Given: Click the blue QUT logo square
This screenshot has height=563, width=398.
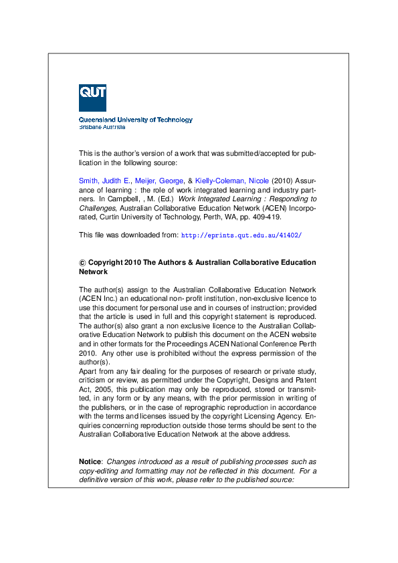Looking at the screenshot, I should tap(92, 98).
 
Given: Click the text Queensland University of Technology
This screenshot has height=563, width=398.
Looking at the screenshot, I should tap(135, 120).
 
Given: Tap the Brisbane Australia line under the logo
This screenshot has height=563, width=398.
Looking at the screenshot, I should tap(102, 126).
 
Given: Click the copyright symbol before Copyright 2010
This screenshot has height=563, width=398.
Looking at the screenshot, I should tap(82, 263).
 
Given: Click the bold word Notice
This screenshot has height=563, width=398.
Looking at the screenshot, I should tap(90, 462).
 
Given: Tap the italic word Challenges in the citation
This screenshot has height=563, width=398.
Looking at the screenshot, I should tap(98, 208).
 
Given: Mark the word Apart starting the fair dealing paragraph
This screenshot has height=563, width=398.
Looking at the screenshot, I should tap(88, 371).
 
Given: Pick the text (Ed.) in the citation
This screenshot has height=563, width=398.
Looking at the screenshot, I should tap(165, 199).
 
